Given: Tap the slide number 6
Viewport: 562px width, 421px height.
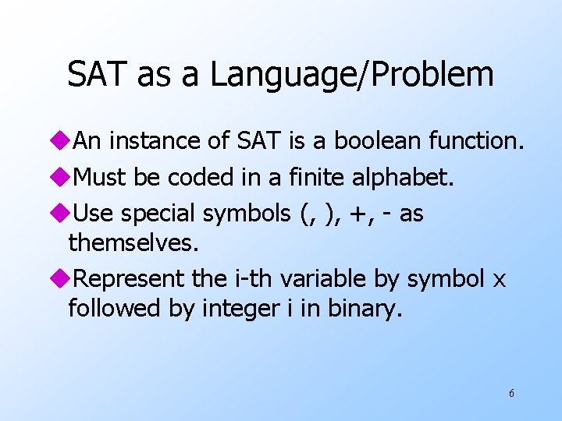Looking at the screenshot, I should point(511,393).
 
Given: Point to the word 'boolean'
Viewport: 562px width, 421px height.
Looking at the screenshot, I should point(378,141).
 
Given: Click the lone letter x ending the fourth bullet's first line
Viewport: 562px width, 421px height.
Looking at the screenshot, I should point(500,279).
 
